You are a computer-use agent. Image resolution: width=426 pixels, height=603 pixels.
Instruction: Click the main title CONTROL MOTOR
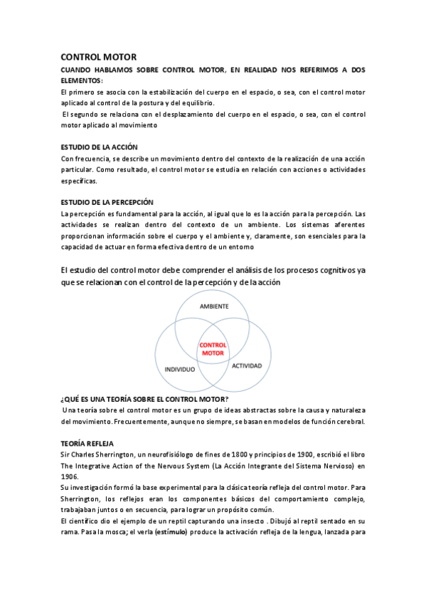98,57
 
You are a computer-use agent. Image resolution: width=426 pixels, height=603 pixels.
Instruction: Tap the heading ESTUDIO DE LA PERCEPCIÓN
107,203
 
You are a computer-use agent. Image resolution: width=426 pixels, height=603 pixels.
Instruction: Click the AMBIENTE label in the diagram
213,306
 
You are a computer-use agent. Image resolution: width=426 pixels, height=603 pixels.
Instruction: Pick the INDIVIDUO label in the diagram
180,370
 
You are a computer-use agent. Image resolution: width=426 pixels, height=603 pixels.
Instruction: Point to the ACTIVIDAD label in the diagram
247,365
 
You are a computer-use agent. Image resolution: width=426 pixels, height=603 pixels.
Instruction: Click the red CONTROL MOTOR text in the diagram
213,348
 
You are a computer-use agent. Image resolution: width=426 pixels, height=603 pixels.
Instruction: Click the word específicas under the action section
79,181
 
